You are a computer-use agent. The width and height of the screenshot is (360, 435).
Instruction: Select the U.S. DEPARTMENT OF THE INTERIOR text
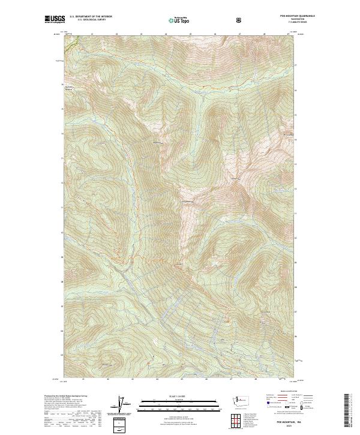(x=91, y=17)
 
